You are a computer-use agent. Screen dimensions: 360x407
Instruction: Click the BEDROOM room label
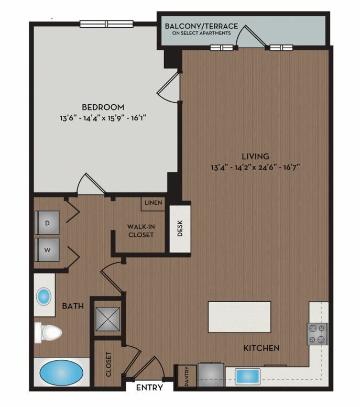[x=103, y=107]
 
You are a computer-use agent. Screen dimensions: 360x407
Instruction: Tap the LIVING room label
[x=255, y=156]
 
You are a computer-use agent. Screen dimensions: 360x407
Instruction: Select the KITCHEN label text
[x=261, y=348]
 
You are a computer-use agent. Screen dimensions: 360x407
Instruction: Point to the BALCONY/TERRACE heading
[x=201, y=26]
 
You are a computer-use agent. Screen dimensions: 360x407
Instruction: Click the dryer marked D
[x=47, y=223]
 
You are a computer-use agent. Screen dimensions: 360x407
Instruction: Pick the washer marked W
[x=47, y=250]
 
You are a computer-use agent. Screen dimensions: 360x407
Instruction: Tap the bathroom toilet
[x=48, y=333]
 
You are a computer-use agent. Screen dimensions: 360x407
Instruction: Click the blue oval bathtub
[x=61, y=372]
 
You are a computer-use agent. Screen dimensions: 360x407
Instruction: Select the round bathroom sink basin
[x=43, y=296]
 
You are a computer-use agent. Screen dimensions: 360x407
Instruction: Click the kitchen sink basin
[x=247, y=377]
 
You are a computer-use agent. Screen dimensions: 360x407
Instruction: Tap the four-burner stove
[x=317, y=334]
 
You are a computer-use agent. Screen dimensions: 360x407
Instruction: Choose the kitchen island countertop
[x=239, y=317]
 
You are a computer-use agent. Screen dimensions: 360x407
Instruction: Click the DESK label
[x=180, y=228]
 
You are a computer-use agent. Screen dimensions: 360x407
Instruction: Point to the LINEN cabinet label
[x=153, y=203]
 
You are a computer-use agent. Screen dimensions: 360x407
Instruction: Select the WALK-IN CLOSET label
[x=141, y=231]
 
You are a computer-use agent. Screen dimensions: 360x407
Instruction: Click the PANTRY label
[x=187, y=376]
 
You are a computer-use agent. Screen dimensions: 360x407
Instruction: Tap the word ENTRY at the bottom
[x=149, y=388]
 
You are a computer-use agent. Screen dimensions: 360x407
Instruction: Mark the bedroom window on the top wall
[x=106, y=24]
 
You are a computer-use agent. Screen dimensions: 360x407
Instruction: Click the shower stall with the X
[x=108, y=320]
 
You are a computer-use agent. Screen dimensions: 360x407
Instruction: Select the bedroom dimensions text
[x=103, y=118]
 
